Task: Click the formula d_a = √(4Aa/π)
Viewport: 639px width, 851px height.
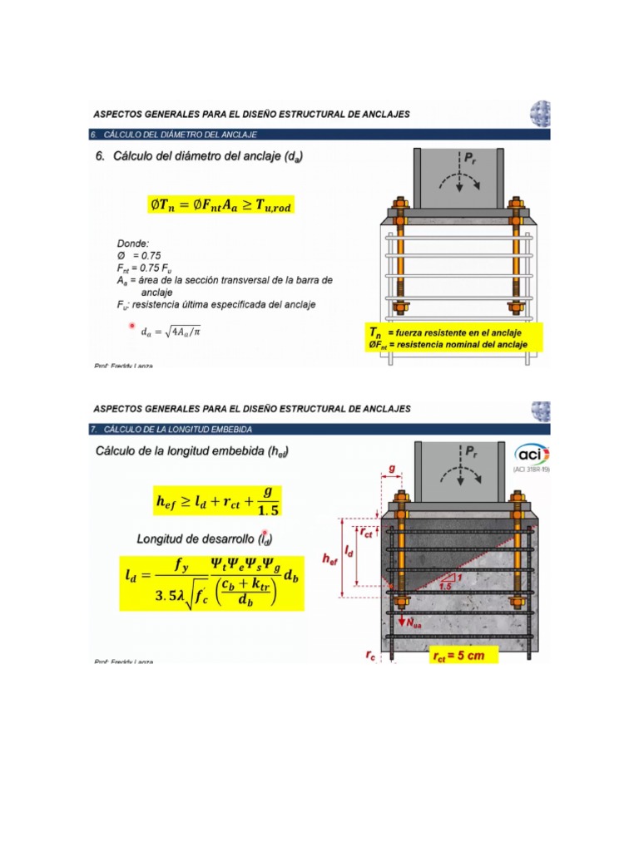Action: pos(171,332)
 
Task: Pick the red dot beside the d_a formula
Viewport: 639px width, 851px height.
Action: pos(131,327)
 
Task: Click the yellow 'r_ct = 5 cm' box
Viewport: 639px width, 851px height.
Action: pos(463,656)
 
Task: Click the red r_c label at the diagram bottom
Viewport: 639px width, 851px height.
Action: pos(369,655)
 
